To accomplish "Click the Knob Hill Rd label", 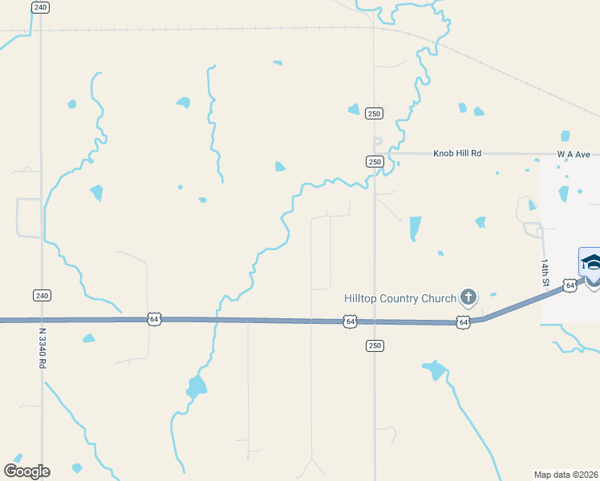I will coord(457,153).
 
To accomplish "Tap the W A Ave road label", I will coord(574,153).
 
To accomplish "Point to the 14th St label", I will coord(545,273).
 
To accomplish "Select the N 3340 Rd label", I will coord(43,346).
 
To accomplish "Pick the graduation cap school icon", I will coord(591,262).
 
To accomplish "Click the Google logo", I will coord(26,471).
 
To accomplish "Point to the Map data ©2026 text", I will coord(566,474).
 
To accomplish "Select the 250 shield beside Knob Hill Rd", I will coord(375,161).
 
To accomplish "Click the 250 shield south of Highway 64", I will coord(375,346).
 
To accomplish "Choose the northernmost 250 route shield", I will coord(374,114).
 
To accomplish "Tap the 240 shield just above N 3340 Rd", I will coord(42,295).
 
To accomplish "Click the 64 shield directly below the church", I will coord(463,322).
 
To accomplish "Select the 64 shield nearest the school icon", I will coord(569,285).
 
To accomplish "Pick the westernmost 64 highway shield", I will coord(154,319).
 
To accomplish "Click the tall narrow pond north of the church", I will coord(415,228).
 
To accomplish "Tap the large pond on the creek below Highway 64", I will coord(196,387).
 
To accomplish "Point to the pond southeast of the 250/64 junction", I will coord(434,370).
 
